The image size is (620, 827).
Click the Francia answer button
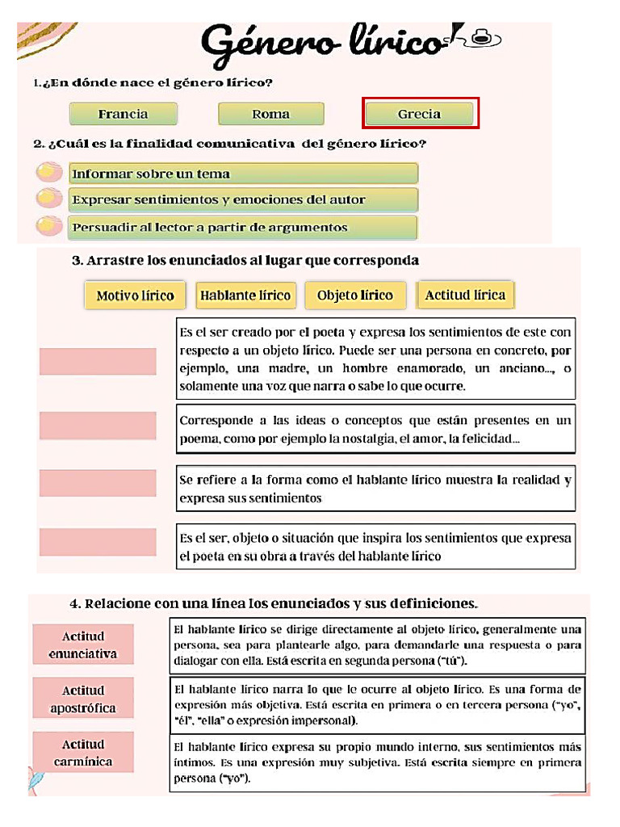click(x=123, y=114)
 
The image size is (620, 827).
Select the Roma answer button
click(x=270, y=114)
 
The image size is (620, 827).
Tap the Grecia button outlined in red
click(x=421, y=114)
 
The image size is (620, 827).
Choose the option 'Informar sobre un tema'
click(x=242, y=174)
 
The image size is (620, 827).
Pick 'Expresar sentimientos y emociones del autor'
click(x=242, y=199)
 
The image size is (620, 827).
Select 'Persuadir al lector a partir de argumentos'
click(x=242, y=227)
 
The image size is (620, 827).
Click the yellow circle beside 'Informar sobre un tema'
click(x=50, y=173)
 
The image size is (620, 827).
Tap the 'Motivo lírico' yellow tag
click(x=135, y=296)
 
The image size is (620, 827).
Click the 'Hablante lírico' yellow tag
click(x=245, y=296)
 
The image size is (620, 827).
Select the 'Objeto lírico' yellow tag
click(x=355, y=296)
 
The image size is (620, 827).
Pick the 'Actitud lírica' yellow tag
click(x=465, y=295)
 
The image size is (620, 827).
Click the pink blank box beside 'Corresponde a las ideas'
click(x=98, y=426)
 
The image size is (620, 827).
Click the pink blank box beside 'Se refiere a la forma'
click(x=98, y=483)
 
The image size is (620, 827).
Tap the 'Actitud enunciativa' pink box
click(x=83, y=644)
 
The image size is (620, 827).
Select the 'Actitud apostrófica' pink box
click(x=83, y=699)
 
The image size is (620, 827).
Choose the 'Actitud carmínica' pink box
click(x=83, y=753)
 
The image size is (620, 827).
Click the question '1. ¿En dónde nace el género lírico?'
click(x=153, y=83)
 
